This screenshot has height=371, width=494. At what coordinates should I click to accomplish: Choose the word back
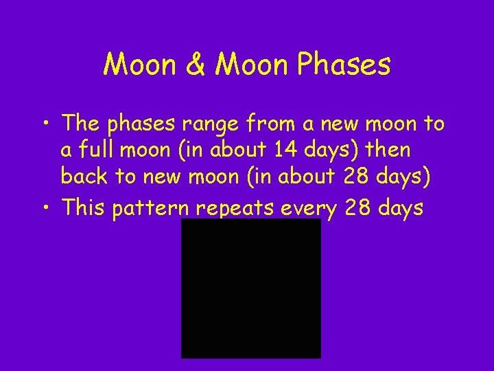pyautogui.click(x=85, y=176)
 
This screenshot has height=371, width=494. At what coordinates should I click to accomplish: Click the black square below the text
pyautogui.click(x=250, y=289)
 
